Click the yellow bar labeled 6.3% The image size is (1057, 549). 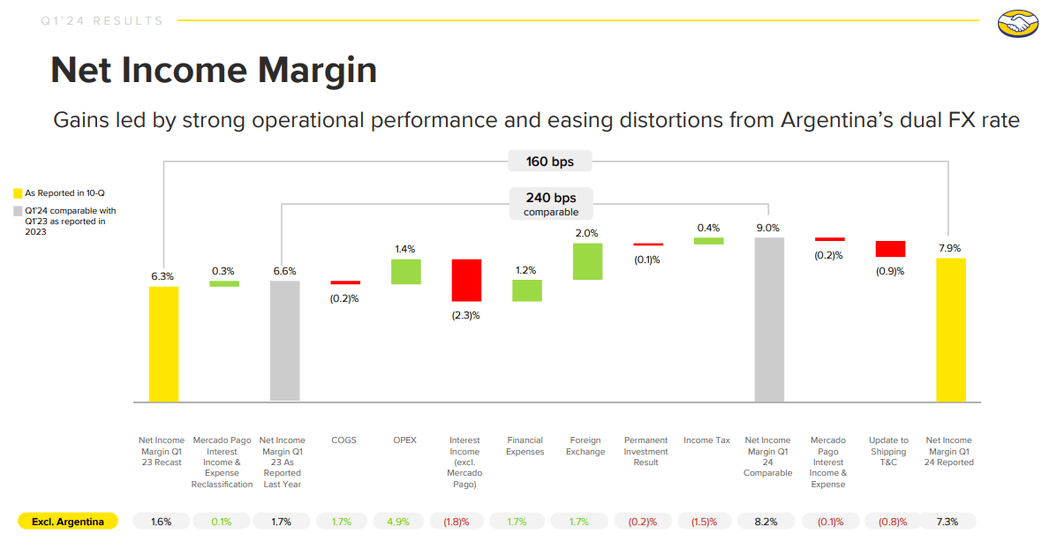pos(163,344)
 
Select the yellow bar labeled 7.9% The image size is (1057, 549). pos(950,330)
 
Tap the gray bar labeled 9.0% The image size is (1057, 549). pos(768,320)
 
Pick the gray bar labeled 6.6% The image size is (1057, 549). pos(285,342)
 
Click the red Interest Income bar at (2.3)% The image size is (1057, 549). pos(465,281)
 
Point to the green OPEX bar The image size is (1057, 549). pos(405,272)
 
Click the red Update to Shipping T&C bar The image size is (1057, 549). pos(890,249)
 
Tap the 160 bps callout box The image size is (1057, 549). pos(548,162)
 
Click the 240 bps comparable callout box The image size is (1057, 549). pos(552,204)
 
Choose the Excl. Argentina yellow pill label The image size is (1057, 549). pos(68,522)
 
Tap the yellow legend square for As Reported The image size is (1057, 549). pos(18,192)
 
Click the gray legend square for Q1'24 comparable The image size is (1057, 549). pos(18,211)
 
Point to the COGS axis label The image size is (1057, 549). pos(344,440)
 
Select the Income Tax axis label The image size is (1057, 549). pos(707,440)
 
